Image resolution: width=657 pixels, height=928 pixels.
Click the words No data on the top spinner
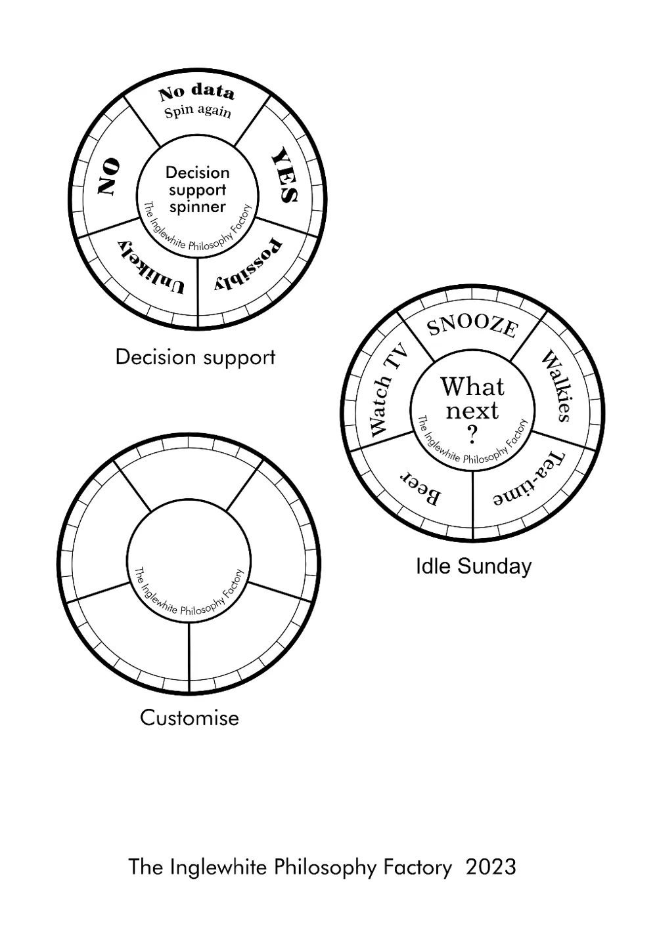[196, 92]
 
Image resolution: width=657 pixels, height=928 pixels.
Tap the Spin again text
[198, 111]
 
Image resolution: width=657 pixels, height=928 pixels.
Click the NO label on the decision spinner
[109, 176]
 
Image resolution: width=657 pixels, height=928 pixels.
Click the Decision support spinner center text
[197, 190]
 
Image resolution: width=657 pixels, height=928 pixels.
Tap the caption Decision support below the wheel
[195, 357]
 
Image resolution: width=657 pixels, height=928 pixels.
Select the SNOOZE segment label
[472, 326]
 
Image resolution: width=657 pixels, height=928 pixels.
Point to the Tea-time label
[530, 480]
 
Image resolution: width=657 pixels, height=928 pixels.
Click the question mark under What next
[472, 434]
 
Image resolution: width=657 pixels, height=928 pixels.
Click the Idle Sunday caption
[473, 566]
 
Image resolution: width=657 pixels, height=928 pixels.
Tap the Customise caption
[189, 717]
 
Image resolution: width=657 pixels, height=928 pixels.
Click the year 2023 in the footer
[491, 867]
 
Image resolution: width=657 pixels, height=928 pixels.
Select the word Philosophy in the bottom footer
[325, 868]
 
